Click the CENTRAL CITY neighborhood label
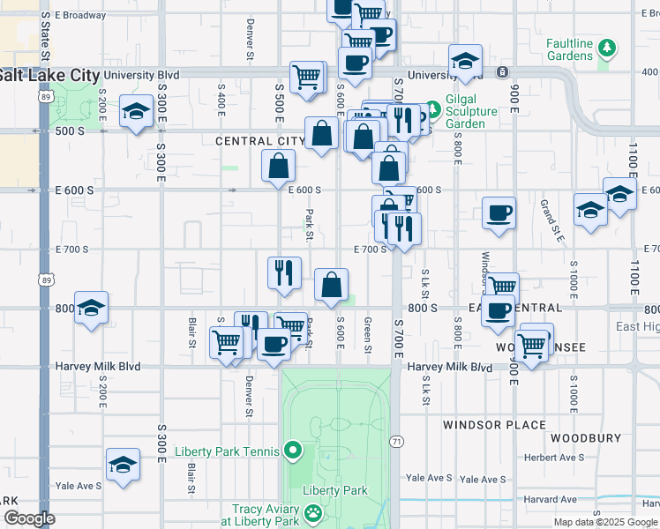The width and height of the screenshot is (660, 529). (260, 141)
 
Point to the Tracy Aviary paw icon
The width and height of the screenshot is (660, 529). (313, 512)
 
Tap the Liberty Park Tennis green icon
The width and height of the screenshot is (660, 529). (295, 451)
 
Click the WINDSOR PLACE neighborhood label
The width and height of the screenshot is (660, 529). (495, 425)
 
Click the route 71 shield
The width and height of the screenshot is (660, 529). (398, 441)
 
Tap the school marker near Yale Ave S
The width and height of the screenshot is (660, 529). (123, 465)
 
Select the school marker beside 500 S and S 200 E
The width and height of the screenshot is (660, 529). (136, 112)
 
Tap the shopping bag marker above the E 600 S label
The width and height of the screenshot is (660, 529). (279, 165)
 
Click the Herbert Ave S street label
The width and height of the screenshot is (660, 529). (554, 458)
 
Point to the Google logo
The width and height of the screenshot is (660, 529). (29, 519)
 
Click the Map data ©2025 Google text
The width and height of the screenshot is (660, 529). (605, 522)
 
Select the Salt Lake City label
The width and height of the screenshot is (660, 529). (49, 76)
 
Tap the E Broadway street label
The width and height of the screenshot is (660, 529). (80, 16)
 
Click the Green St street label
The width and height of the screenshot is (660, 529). (367, 337)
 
